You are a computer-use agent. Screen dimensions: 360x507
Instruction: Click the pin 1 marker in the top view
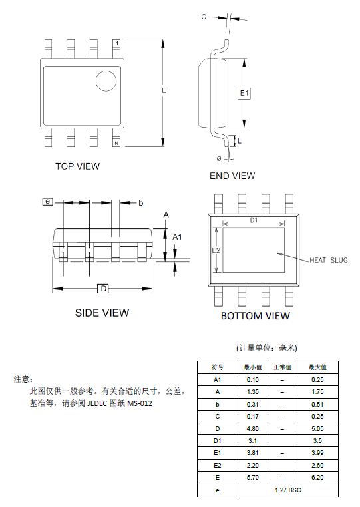click(116, 43)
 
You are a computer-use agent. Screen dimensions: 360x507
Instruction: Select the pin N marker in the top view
click(116, 143)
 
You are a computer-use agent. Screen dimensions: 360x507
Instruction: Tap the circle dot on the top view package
click(106, 81)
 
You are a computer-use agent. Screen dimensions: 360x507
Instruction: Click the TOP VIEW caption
click(78, 166)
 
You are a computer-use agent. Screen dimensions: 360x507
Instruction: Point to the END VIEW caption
click(232, 176)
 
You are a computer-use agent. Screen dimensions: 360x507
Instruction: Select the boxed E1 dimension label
click(244, 93)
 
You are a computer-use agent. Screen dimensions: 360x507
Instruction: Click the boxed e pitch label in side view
click(47, 202)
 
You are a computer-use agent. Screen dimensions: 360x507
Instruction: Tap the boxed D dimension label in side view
click(104, 289)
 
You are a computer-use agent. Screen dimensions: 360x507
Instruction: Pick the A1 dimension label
click(177, 237)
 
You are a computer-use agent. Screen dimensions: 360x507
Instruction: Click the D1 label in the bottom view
click(254, 220)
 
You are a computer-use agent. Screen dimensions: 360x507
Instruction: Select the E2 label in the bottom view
click(216, 250)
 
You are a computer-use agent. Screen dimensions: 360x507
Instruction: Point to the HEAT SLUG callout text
click(329, 260)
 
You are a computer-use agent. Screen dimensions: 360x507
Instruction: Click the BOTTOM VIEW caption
click(256, 316)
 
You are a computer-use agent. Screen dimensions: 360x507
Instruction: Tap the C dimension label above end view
click(204, 17)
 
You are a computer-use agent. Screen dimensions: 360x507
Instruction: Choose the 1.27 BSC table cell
click(288, 490)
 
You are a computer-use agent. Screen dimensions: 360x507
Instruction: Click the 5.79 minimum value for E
click(253, 478)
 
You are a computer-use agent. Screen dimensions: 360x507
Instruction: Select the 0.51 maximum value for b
click(317, 404)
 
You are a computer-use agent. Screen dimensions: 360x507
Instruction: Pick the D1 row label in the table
click(218, 441)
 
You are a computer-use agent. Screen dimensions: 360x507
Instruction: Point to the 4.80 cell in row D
click(253, 428)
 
